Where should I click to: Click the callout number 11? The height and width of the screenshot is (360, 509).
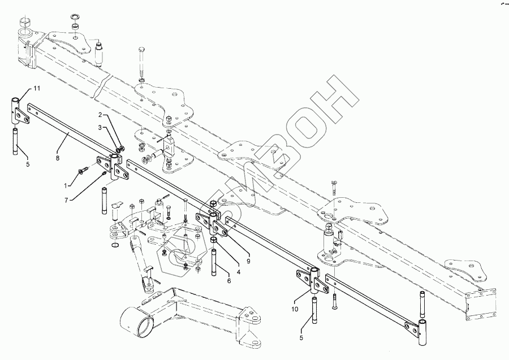[x=37, y=89]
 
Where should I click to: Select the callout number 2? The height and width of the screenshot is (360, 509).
[x=100, y=115]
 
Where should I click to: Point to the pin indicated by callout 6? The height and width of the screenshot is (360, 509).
[x=215, y=263]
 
